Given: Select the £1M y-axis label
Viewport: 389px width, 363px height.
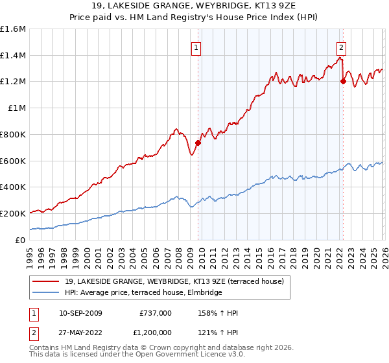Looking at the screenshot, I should (18, 108).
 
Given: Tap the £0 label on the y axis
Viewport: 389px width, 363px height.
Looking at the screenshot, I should (21, 240).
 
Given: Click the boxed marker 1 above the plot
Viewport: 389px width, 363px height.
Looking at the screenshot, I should (196, 47).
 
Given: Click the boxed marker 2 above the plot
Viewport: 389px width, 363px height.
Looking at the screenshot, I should (341, 47).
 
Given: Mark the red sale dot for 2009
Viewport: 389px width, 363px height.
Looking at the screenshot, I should (198, 143).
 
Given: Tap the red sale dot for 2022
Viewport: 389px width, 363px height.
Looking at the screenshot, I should (343, 82).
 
